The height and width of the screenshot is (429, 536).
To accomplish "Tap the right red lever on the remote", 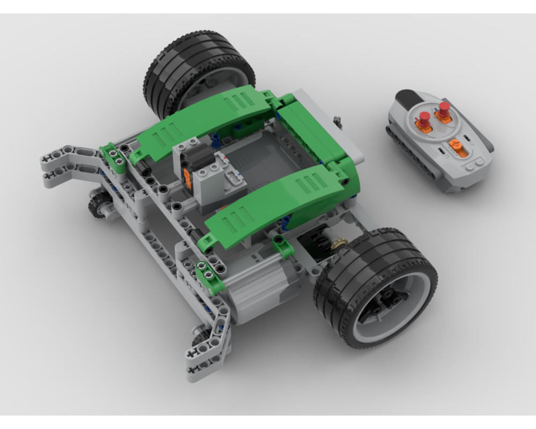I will pyautogui.click(x=443, y=109).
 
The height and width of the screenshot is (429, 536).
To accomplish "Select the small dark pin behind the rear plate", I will pyautogui.click(x=338, y=120).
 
